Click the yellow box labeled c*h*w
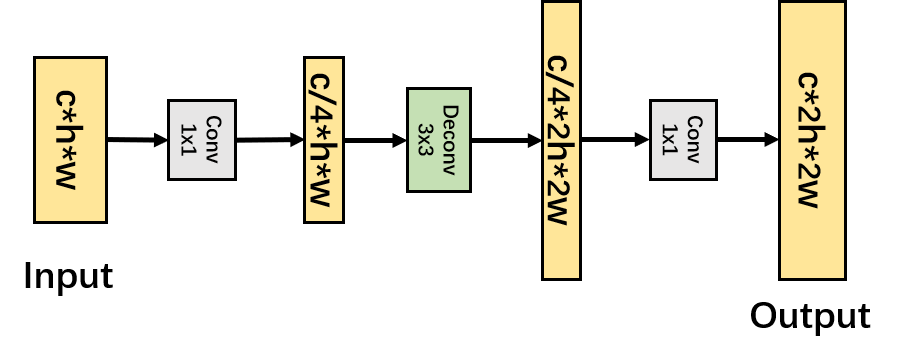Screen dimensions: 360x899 coord(70,140)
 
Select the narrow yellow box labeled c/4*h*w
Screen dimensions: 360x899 coord(323,140)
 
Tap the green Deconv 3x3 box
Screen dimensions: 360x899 coord(438,140)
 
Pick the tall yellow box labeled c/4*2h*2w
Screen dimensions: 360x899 coord(561,140)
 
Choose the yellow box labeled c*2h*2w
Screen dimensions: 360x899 coord(812,140)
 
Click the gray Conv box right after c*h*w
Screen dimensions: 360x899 coord(201,140)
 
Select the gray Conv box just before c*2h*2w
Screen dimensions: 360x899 coord(683,140)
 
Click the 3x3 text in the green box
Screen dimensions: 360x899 coord(426,140)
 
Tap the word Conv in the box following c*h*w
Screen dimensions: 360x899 coord(213,140)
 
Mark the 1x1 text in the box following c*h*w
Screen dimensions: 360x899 coord(189,140)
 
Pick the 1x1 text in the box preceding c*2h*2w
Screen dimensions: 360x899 coord(671,140)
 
